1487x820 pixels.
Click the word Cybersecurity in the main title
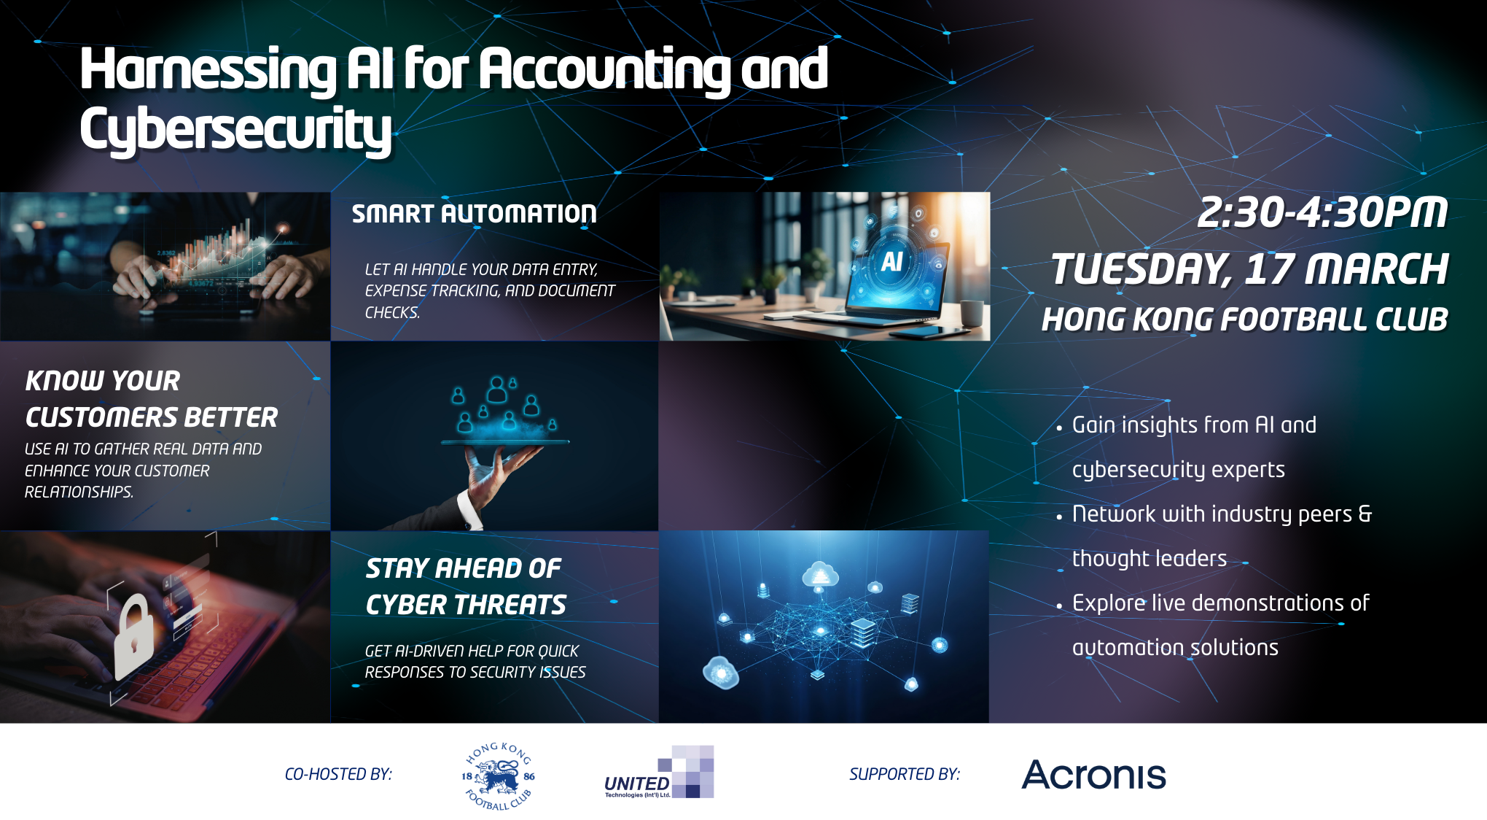point(235,129)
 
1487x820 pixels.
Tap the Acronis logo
point(1093,775)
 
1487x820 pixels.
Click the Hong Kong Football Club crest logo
point(499,776)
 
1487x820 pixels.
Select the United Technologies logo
point(659,773)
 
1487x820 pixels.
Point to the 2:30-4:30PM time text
point(1322,212)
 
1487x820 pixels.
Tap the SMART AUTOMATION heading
point(474,214)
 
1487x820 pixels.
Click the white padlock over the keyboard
point(134,635)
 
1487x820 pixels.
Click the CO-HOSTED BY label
point(338,775)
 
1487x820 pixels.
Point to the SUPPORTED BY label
point(905,775)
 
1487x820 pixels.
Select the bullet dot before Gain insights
point(1059,428)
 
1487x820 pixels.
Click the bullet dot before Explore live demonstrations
point(1059,606)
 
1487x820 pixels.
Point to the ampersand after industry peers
point(1365,514)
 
